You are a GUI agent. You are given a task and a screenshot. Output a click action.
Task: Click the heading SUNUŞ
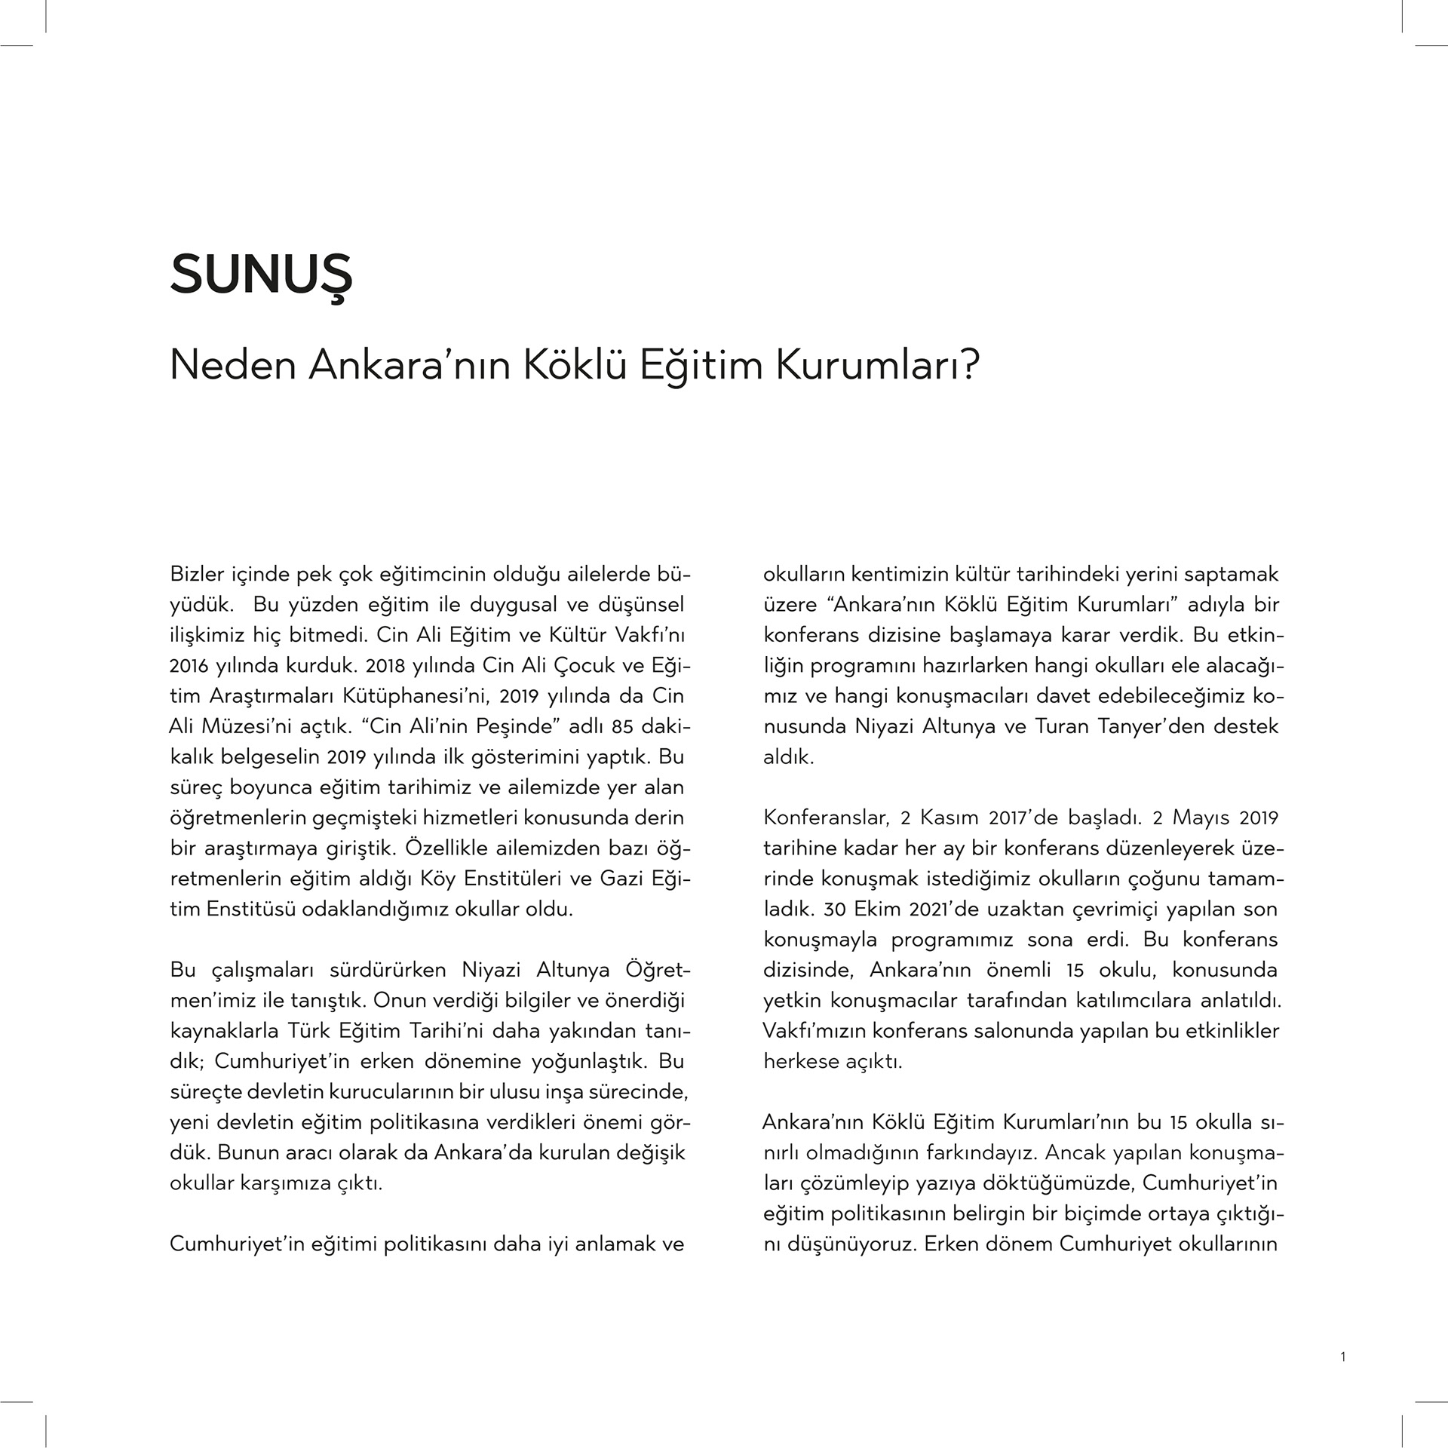261,275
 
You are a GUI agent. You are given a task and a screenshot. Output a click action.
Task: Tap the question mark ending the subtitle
970,365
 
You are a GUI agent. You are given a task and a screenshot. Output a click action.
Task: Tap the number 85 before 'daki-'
621,727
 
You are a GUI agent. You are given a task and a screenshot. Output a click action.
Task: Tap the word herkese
801,1062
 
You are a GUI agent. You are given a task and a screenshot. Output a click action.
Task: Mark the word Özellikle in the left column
447,848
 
